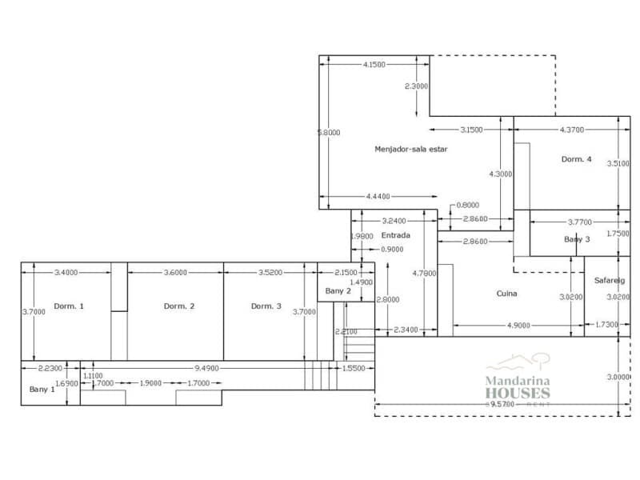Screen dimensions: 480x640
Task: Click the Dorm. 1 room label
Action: [x=69, y=306]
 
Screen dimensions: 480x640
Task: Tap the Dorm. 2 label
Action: [x=179, y=306]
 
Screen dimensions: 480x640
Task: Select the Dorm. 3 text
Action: [x=266, y=306]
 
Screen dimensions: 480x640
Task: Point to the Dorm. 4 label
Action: [x=576, y=159]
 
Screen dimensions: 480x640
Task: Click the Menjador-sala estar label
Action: [x=411, y=149]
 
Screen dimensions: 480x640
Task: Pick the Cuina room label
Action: [x=506, y=294]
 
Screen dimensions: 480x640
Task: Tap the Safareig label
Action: [x=610, y=281]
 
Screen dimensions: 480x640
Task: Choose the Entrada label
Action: [x=395, y=236]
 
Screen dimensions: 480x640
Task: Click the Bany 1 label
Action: [x=42, y=389]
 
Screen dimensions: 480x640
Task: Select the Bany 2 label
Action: [x=338, y=291]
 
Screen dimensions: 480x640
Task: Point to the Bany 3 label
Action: [x=577, y=239]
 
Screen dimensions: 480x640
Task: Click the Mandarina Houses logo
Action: [x=518, y=380]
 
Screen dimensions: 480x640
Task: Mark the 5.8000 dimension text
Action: [x=328, y=133]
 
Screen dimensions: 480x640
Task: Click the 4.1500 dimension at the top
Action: [x=374, y=64]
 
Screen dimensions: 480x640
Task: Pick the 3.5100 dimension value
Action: [x=618, y=163]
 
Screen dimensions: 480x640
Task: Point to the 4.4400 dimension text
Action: [x=378, y=196]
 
